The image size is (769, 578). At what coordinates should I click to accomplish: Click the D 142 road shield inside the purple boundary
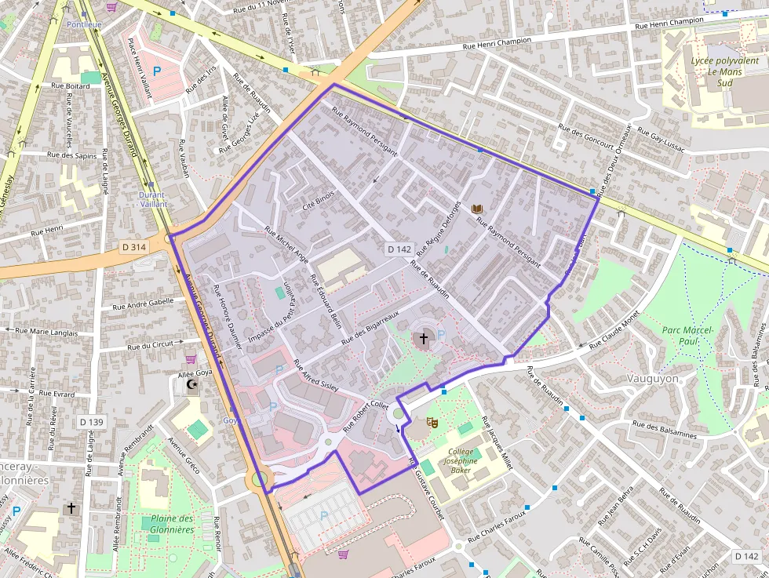[x=399, y=249]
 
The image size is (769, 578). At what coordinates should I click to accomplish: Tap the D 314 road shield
[x=134, y=247]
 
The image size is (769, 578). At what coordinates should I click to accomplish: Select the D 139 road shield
[x=91, y=422]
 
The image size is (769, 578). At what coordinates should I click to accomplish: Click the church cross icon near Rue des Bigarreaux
[x=424, y=339]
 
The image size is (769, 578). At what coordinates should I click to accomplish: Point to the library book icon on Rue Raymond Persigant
[x=476, y=209]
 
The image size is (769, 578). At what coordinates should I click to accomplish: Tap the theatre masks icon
[x=431, y=422]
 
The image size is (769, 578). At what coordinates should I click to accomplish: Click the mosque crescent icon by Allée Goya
[x=191, y=385]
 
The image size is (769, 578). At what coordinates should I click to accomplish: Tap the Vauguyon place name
[x=653, y=378]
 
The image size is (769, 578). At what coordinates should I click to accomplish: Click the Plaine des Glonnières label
[x=172, y=524]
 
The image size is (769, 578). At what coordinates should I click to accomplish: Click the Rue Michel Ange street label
[x=286, y=244]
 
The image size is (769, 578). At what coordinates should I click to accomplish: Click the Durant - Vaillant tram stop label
[x=151, y=199]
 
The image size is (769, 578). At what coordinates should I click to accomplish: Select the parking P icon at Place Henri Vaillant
[x=156, y=71]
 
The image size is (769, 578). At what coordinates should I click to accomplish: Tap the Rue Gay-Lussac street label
[x=661, y=140]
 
